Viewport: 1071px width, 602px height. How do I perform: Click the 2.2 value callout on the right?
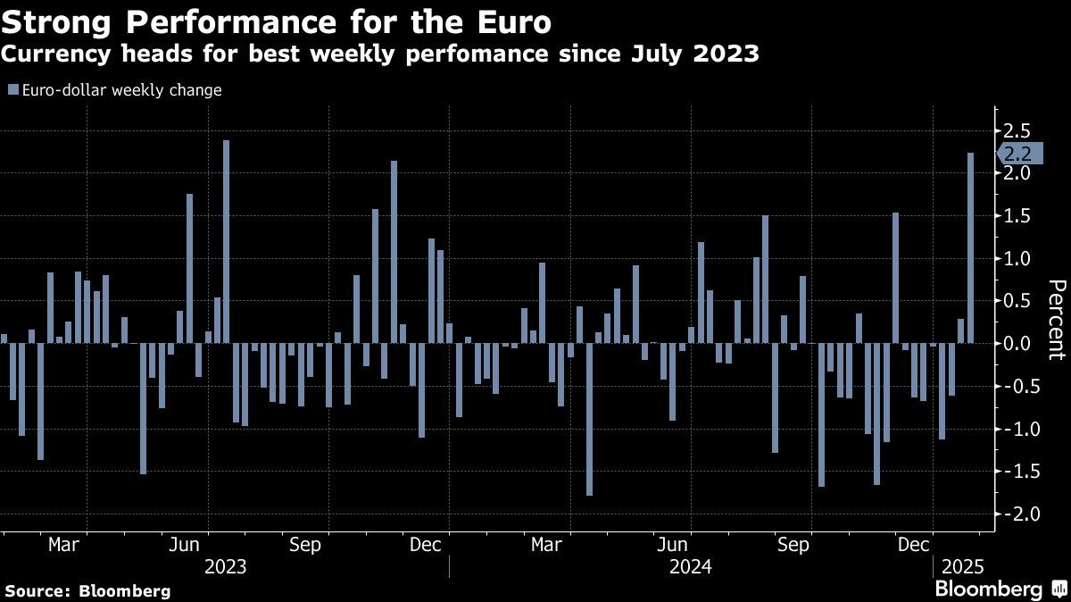tap(1017, 154)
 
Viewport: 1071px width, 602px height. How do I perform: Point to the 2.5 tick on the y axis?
tap(1018, 130)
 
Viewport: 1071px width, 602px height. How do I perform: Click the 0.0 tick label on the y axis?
tap(1018, 344)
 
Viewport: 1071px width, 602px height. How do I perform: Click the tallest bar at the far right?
tap(970, 247)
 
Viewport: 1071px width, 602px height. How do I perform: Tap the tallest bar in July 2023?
tap(226, 241)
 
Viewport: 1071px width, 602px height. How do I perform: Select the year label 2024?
tap(690, 567)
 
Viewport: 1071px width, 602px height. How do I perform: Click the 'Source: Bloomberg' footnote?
tap(87, 590)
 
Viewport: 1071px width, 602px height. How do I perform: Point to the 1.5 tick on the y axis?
tap(1018, 216)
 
